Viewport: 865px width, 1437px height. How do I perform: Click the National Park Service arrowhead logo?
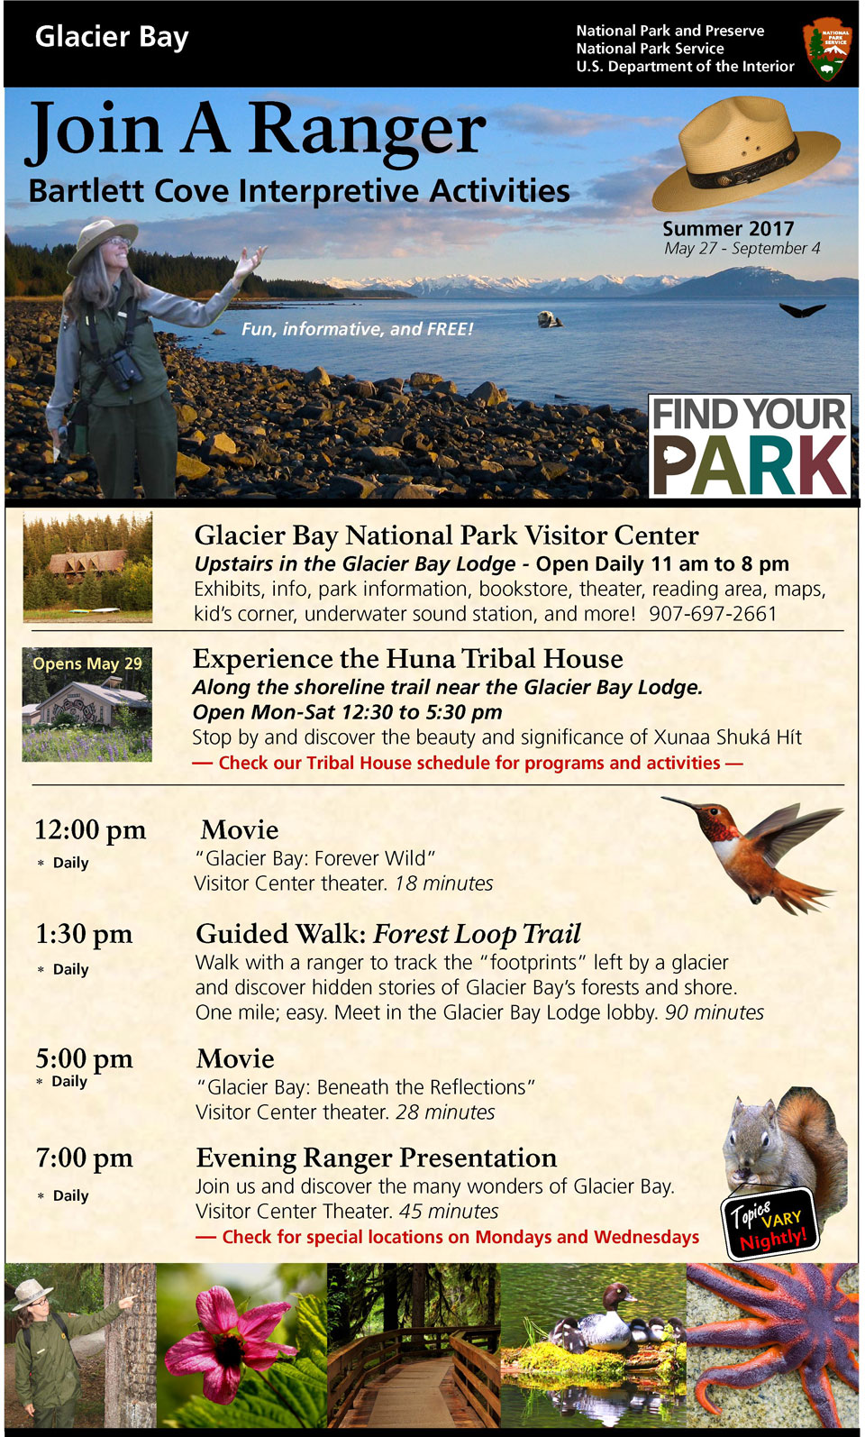pos(826,50)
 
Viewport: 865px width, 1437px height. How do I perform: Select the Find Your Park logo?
pos(750,445)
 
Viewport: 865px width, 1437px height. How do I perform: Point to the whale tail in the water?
pos(801,310)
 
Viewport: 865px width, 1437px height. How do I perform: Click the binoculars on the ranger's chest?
pos(124,366)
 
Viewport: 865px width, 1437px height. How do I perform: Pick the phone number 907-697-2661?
pos(713,614)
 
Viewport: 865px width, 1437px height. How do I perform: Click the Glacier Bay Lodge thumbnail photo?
pos(87,566)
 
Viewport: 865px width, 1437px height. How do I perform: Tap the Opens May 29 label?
pos(87,664)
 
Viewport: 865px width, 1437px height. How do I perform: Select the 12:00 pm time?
pos(90,829)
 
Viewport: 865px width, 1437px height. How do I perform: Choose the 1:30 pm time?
pos(84,934)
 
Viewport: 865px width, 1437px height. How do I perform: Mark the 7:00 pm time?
pos(84,1158)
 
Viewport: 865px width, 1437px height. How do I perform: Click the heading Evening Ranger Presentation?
pos(376,1158)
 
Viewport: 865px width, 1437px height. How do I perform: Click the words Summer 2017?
pos(728,229)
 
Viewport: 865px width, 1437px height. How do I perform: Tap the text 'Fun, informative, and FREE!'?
pos(357,329)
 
